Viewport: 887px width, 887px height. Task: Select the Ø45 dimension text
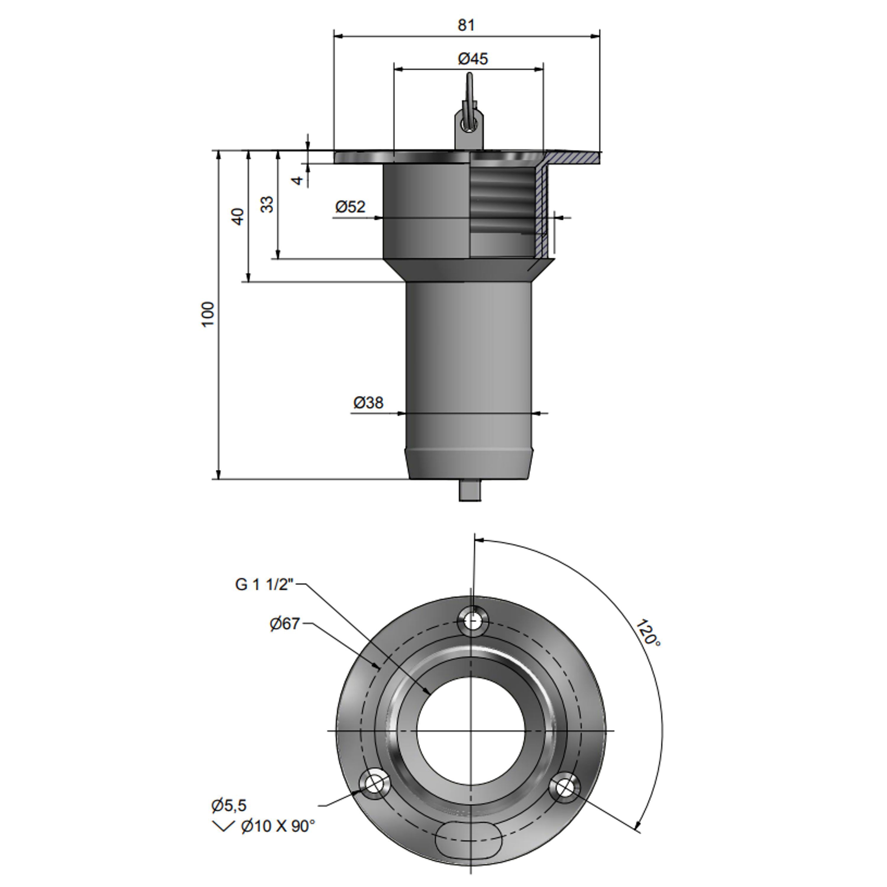pos(473,59)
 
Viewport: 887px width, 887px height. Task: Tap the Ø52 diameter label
pos(350,207)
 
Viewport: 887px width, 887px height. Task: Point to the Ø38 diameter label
pos(368,403)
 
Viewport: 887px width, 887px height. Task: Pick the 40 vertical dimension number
pos(237,217)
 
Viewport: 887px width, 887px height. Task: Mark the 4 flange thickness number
pos(298,180)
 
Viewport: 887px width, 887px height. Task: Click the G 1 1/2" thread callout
pos(264,585)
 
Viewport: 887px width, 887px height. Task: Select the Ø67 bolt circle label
pos(285,624)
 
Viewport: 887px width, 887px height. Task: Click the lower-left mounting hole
pos(374,784)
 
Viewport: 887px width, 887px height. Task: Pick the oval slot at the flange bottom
pos(468,838)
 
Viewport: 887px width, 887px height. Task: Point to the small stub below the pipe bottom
pos(470,490)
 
